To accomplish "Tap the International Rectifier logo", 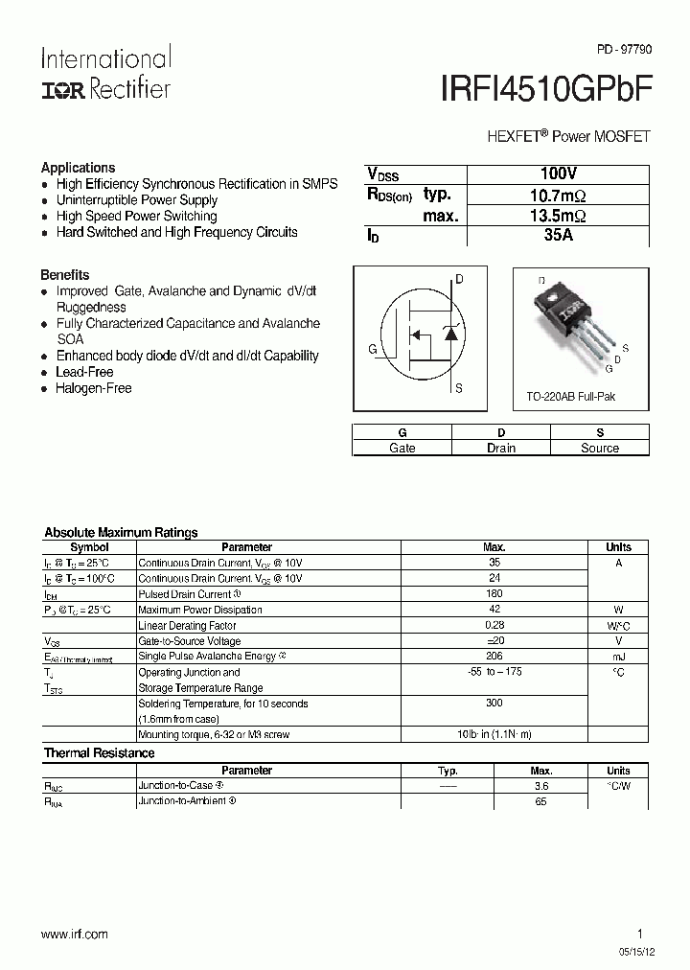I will click(105, 73).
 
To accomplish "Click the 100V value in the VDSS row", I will click(558, 173).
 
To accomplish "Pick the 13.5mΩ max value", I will click(558, 216).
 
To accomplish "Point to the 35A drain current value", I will click(558, 236).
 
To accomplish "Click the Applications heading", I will click(78, 167).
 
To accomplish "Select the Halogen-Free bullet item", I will click(94, 388).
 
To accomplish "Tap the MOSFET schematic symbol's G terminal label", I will click(372, 349).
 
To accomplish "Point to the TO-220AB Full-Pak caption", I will click(571, 396).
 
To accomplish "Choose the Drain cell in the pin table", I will click(501, 448).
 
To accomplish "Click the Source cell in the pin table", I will click(600, 448).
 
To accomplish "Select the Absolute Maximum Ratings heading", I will click(121, 532).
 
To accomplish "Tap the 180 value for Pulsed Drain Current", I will click(494, 594).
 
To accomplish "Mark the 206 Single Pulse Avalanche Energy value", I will click(494, 657).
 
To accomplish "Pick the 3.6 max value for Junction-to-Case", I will click(540, 785).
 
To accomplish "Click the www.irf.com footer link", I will click(75, 934).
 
